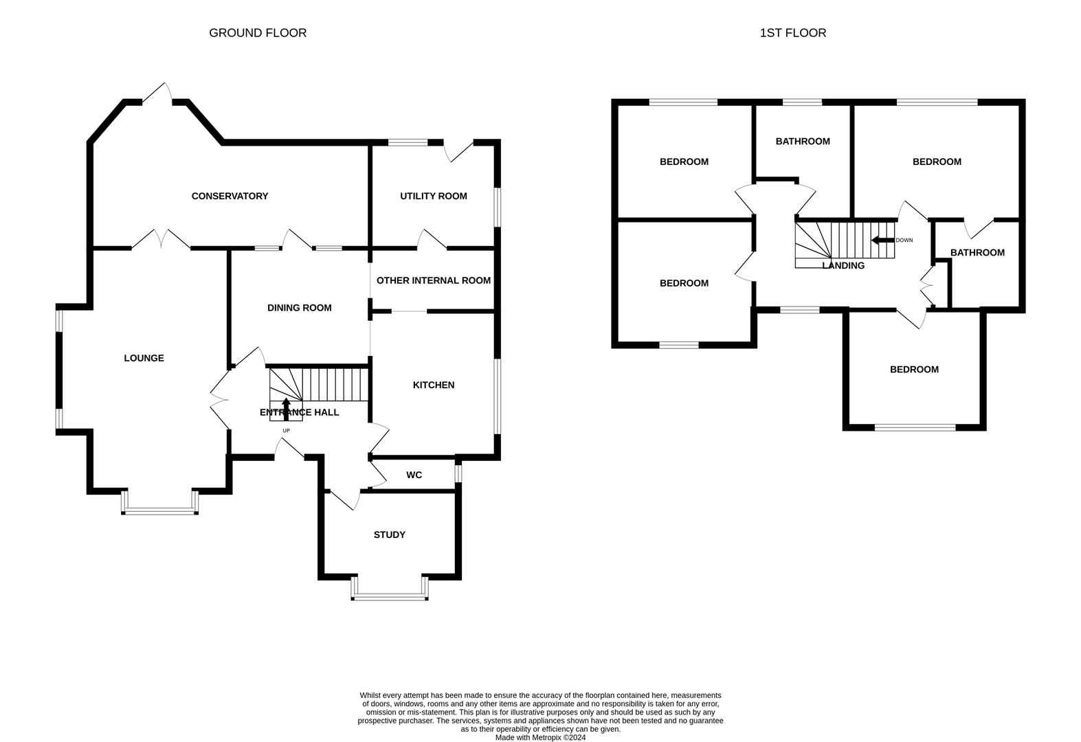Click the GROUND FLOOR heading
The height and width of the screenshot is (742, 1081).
(x=258, y=32)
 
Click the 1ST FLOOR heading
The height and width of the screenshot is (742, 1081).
(x=792, y=32)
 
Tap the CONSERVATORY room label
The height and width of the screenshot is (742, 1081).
(x=230, y=196)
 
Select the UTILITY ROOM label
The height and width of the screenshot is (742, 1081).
(x=433, y=196)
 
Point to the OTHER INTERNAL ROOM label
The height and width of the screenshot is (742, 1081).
(x=433, y=280)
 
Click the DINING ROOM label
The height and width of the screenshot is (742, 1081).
(x=299, y=308)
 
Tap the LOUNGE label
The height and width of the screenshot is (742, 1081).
(x=144, y=358)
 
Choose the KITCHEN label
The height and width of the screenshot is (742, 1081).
(x=433, y=385)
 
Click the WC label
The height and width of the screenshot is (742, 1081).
(x=414, y=475)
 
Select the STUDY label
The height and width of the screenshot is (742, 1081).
(x=389, y=535)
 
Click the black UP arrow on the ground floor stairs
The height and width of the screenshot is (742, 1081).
(x=286, y=408)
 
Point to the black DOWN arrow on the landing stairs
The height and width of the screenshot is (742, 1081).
(x=882, y=240)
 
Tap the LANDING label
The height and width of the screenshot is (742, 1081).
(x=843, y=265)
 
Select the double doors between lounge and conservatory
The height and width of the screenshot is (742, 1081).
(x=161, y=240)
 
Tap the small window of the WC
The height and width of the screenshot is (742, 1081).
(x=458, y=473)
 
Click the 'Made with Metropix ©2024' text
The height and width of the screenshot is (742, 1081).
(x=540, y=738)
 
